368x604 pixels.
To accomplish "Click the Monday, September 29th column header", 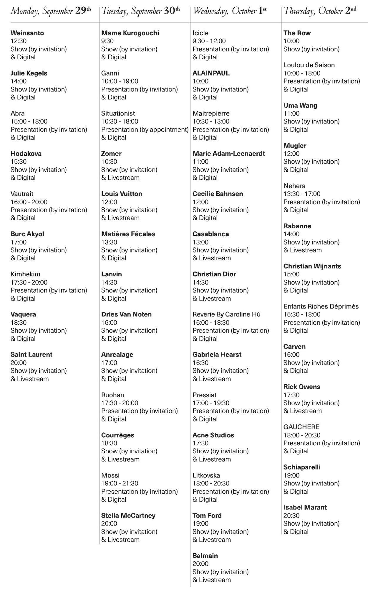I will pos(51,11).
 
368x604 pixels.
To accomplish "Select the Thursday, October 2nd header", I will pos(320,11).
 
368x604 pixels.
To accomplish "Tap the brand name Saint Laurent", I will pos(32,354).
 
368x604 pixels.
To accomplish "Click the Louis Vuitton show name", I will pos(122,194).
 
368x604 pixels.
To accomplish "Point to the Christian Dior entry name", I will pos(214,274).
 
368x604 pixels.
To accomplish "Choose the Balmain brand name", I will pos(205,556).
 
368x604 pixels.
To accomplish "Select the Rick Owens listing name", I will pos(302,387).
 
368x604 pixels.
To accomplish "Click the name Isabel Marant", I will pos(305,507).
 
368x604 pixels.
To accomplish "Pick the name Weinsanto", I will pos(27,33).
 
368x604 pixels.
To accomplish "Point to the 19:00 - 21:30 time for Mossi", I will pos(120,483).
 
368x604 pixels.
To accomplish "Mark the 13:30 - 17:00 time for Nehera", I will pos(302,194).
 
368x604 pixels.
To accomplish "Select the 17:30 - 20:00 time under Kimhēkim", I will pos(29,282).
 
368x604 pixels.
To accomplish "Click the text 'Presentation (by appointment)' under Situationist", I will pos(145,129).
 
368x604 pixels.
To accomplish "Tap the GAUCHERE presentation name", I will pos(301,427).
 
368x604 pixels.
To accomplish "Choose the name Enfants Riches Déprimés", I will pos(321,306).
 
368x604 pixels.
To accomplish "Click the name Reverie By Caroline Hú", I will pos(226,314).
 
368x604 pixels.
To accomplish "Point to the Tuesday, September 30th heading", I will pos(140,11).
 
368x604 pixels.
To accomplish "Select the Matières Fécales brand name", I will pos(128,234).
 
